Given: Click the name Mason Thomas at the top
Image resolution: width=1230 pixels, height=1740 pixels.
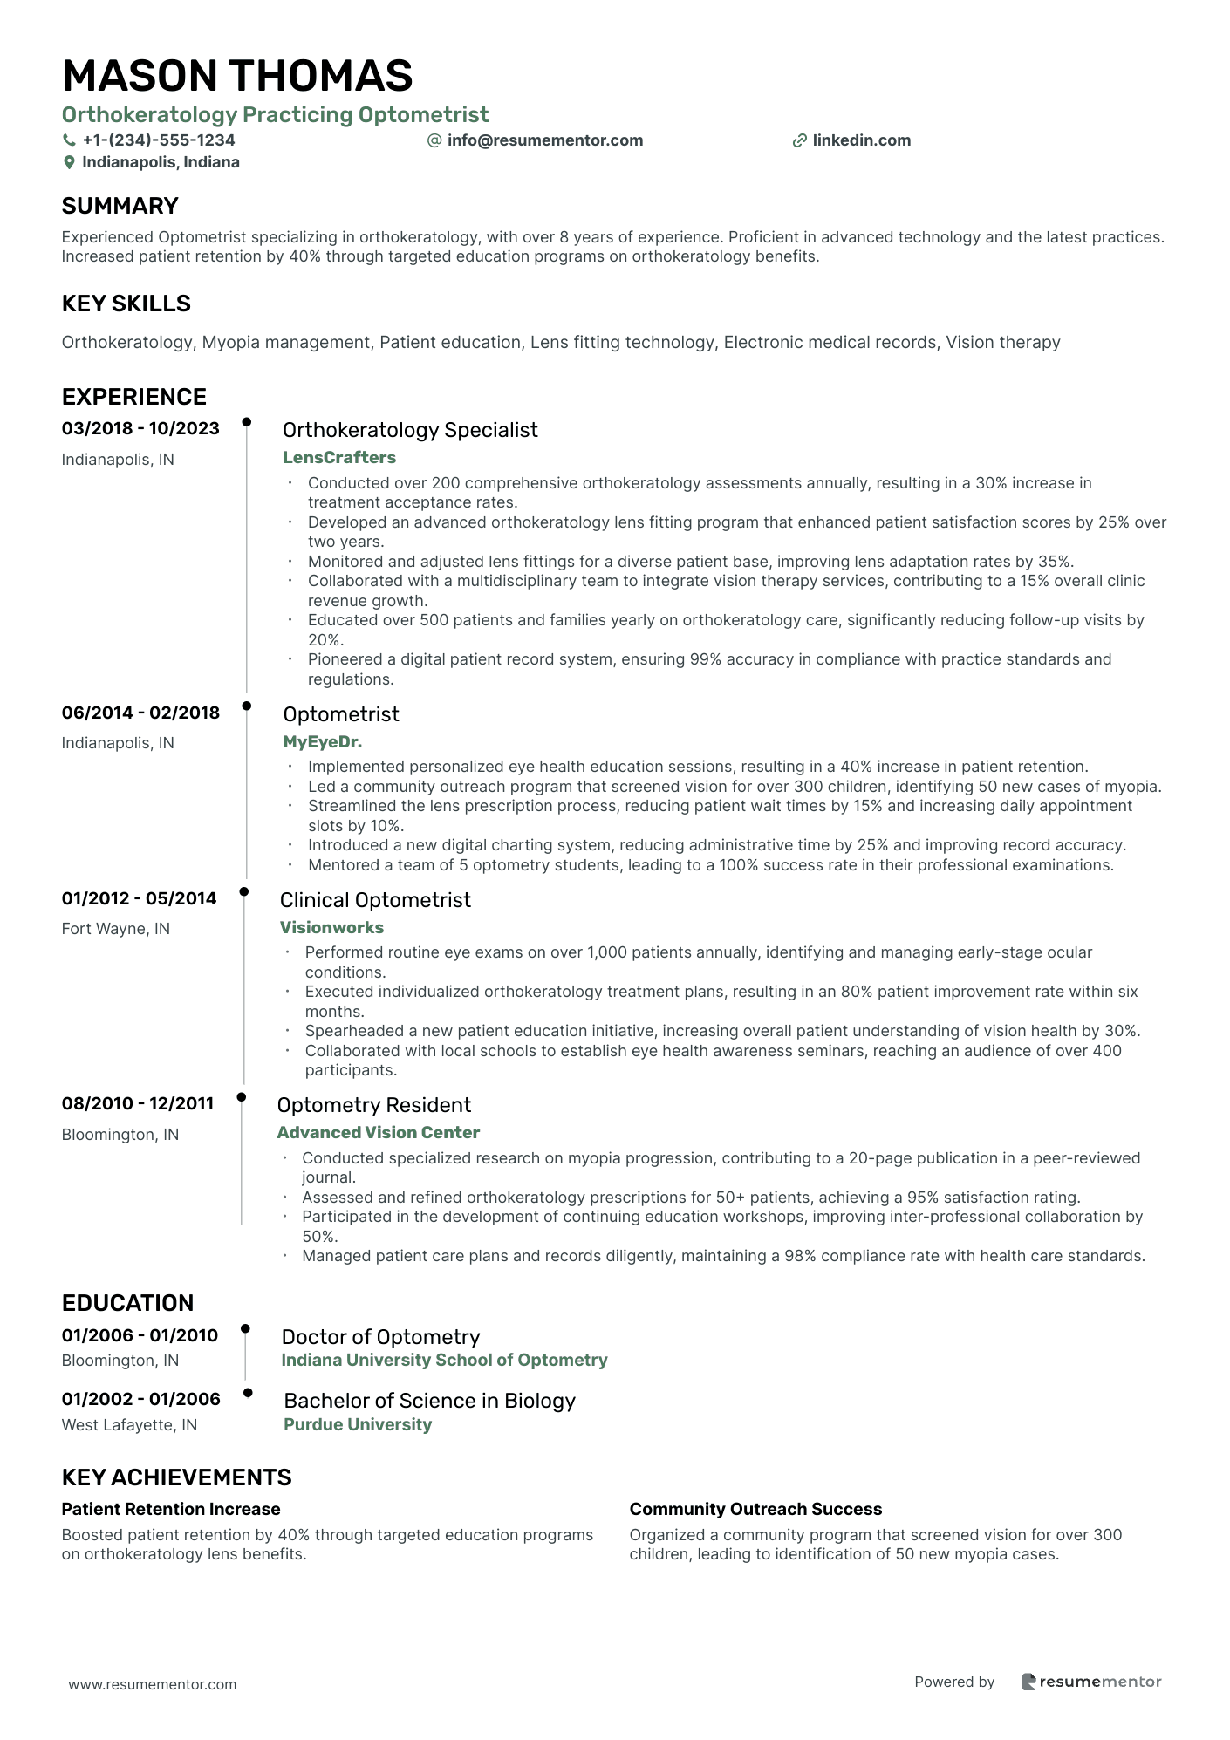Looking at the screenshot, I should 237,76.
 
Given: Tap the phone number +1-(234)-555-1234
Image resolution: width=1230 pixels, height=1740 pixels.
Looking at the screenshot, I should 158,140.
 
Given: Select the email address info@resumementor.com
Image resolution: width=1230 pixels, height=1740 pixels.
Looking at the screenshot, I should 544,140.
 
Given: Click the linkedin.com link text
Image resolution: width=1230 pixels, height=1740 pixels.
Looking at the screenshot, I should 861,140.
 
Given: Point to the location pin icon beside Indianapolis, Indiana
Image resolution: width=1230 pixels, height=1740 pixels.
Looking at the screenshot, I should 69,163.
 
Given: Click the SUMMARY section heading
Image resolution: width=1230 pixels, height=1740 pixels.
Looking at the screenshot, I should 120,206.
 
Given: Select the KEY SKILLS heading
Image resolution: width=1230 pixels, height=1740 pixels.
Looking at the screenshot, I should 126,304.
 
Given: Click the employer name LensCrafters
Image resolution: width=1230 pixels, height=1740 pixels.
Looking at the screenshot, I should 338,458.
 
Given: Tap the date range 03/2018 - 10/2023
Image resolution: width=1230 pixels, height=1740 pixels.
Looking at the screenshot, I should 140,428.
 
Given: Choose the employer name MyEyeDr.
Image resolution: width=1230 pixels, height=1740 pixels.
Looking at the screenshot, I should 322,742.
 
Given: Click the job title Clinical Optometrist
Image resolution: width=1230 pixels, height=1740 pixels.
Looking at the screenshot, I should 375,900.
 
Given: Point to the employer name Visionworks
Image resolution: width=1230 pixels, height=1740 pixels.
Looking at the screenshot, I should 331,928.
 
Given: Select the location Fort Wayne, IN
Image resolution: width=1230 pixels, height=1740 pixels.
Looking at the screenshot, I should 115,929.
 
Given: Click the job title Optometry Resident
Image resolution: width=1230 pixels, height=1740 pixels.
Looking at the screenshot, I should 373,1105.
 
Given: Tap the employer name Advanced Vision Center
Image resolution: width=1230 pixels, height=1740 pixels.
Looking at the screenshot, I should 378,1133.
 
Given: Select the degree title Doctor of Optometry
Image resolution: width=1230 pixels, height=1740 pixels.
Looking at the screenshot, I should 380,1337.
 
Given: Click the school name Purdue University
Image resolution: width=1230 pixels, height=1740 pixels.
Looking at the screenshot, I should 358,1424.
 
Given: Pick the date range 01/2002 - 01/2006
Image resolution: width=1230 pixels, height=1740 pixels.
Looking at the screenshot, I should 140,1399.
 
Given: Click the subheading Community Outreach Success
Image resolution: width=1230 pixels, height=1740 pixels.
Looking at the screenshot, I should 755,1509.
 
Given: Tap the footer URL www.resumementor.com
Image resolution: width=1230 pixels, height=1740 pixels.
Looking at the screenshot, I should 153,1684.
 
